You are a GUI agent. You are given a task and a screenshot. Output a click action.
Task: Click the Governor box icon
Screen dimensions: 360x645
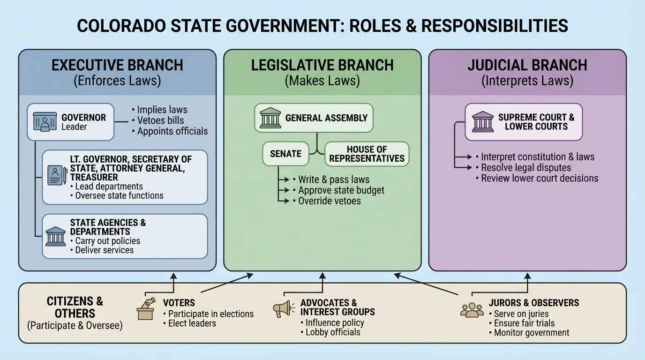pos(45,122)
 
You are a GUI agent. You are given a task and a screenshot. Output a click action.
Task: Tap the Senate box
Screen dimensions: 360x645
pos(285,154)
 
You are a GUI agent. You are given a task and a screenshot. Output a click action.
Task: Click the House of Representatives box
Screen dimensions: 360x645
pos(367,154)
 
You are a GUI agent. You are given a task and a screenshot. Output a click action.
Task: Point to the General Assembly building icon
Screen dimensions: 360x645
pos(270,118)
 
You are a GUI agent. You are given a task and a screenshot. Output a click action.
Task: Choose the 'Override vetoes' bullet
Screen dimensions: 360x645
pos(330,201)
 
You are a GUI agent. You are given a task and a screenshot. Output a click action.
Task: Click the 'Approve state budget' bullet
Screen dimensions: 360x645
pos(341,190)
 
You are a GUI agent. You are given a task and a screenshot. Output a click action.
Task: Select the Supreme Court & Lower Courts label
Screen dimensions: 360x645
pos(536,122)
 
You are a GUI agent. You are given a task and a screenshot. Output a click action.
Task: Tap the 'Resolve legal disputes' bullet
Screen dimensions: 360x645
pos(526,167)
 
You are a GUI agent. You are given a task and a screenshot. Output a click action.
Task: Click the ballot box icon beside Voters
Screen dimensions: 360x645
pos(146,309)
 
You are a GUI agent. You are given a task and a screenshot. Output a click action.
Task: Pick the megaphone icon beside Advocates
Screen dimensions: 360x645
pos(283,308)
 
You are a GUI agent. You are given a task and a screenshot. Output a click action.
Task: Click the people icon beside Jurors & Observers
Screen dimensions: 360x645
pos(472,309)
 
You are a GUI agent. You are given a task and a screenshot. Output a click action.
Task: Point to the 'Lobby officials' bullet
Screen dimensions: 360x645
pos(332,332)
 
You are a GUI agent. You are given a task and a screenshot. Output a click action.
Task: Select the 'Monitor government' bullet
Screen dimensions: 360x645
pos(532,333)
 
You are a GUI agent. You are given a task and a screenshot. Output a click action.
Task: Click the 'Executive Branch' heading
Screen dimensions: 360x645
pos(117,65)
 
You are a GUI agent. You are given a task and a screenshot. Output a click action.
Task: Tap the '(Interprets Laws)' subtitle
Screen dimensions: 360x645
pos(527,81)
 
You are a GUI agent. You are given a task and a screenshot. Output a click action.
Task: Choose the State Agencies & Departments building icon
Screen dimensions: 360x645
pos(56,236)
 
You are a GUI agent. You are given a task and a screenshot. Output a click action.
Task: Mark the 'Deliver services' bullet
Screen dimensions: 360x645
pos(104,250)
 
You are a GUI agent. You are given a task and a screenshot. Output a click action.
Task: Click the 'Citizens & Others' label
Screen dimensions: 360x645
pos(75,307)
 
